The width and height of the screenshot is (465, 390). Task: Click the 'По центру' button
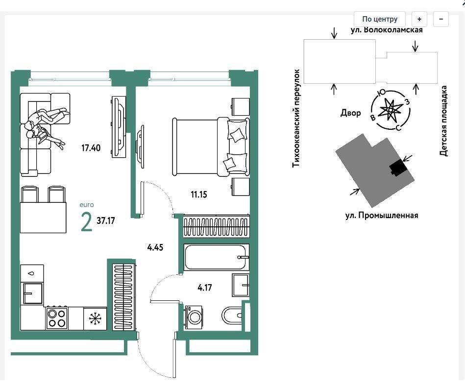click(380, 19)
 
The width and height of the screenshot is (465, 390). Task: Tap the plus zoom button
click(419, 19)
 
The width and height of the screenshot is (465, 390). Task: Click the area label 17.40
click(91, 147)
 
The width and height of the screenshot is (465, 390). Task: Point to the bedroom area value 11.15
click(199, 195)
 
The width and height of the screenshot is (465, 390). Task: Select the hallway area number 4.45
click(155, 247)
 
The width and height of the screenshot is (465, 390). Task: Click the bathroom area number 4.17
click(205, 288)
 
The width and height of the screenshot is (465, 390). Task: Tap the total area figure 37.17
click(105, 220)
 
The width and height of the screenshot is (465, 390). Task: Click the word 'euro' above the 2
click(87, 205)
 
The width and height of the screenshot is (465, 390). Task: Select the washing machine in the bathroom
click(194, 317)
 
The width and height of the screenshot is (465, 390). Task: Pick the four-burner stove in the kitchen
click(57, 318)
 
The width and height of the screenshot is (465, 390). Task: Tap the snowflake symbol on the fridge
click(95, 319)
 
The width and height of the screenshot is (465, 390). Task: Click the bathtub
click(216, 257)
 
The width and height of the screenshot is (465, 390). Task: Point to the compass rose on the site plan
click(391, 110)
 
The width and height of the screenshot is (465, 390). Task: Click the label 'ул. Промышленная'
click(382, 215)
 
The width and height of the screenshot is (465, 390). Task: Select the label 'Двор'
click(350, 113)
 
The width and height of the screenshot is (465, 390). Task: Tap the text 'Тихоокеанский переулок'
click(296, 119)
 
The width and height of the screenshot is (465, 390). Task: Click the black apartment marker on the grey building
click(398, 168)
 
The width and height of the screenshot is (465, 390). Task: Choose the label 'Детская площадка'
click(443, 121)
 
